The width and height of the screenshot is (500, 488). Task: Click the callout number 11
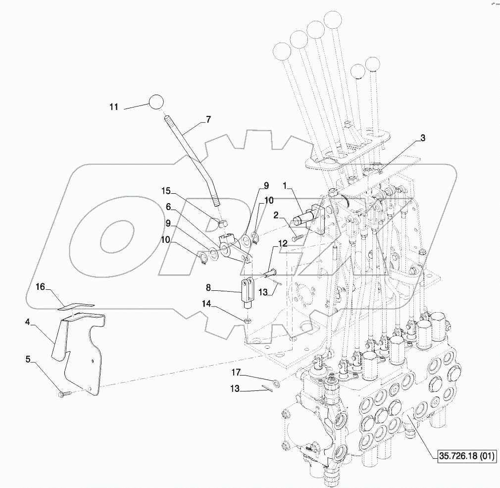[x=114, y=107]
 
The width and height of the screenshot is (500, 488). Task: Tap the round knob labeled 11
[x=155, y=102]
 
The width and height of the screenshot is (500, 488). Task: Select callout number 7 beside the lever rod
[x=208, y=119]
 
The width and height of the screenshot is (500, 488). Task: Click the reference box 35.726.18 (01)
[x=466, y=455]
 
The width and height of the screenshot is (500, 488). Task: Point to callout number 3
[x=422, y=139]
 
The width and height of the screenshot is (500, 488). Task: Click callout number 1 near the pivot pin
[x=285, y=185]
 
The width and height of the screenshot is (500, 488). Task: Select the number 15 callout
[x=165, y=191]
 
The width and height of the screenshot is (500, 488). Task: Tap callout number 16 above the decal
[x=40, y=286]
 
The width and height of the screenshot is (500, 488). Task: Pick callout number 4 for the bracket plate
[x=28, y=322]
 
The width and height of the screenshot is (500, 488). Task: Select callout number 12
[x=282, y=244]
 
